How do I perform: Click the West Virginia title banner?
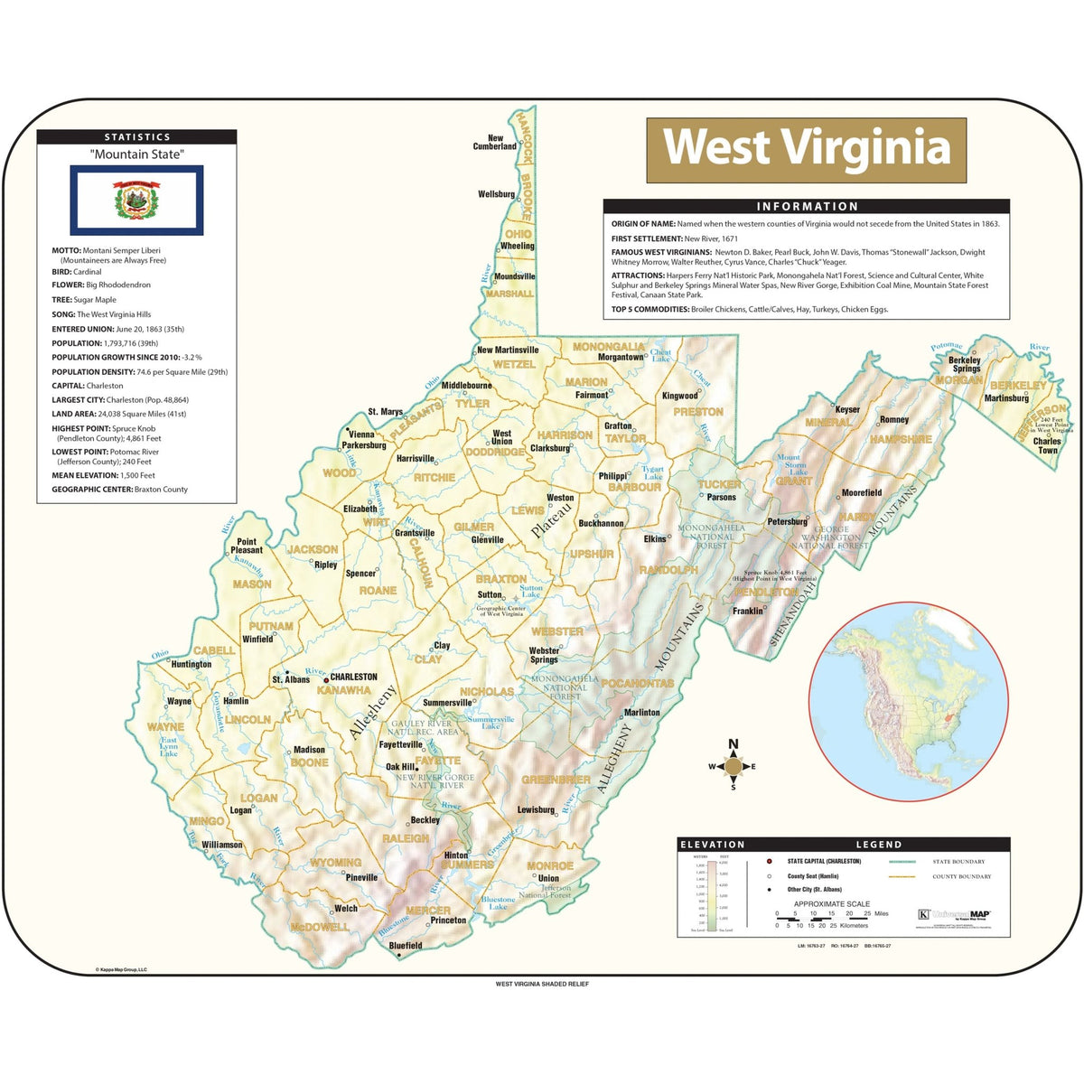point(806,148)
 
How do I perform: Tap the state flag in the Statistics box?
point(136,200)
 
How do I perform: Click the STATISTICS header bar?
point(136,137)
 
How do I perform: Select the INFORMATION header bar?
point(806,206)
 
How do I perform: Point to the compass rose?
point(734,767)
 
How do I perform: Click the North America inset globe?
point(908,702)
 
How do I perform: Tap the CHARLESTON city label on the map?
point(353,677)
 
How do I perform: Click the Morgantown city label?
point(621,358)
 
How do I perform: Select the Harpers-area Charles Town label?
point(1047,445)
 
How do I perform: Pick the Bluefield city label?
point(406,946)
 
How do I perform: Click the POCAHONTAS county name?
point(638,684)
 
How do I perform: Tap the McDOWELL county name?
point(319,927)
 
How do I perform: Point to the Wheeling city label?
point(517,246)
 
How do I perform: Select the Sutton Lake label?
point(531,591)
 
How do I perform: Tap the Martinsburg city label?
point(1005,398)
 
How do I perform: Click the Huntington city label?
point(191,664)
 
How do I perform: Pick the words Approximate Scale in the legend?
point(832,903)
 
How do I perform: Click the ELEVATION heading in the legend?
point(712,845)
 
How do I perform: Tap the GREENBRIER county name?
point(556,780)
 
